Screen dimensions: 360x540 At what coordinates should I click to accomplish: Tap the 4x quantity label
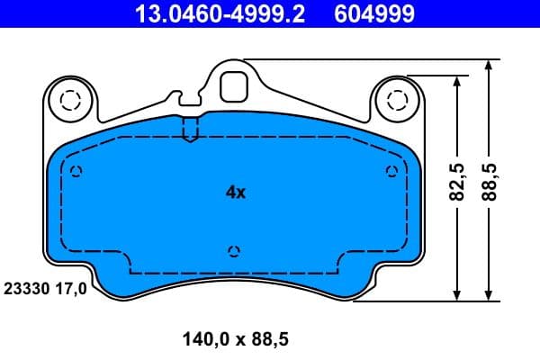point(235,192)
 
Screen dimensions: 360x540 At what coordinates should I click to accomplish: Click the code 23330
point(27,290)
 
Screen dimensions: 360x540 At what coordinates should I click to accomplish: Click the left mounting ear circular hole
point(68,99)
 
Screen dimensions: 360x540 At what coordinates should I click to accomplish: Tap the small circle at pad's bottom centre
point(234,250)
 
